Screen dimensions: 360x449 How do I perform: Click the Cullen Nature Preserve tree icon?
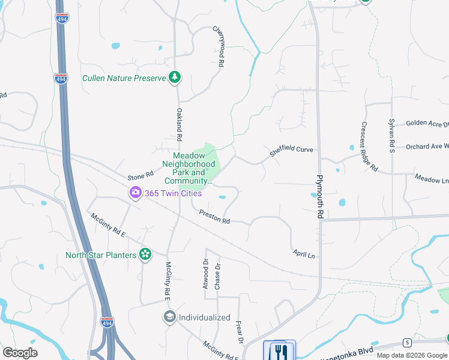coord(175,77)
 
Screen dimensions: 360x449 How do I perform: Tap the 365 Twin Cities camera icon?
coord(135,193)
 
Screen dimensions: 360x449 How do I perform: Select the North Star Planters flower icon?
coord(145,254)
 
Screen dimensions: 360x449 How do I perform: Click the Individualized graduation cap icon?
coord(170,317)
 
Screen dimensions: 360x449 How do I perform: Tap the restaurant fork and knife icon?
coord(279,350)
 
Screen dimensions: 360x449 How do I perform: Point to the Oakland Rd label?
coord(179,124)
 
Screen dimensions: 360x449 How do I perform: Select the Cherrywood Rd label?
coord(219,46)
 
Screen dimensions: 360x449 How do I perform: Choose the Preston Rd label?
coord(215,217)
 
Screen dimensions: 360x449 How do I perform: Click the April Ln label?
coord(304,254)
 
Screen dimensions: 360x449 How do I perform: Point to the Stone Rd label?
coord(140,176)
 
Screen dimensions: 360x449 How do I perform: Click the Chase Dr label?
coord(217,276)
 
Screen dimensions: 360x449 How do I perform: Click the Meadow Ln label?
coord(432,179)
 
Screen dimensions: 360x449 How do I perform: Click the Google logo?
coord(20,352)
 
